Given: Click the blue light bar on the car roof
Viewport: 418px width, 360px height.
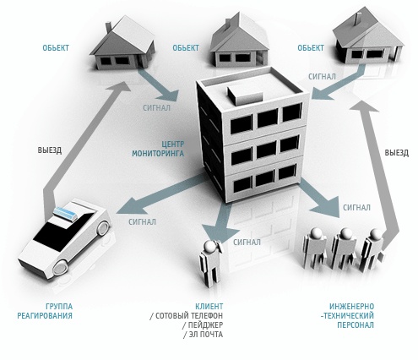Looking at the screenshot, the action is click(x=65, y=214).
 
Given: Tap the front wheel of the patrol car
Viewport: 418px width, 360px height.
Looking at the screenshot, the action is click(x=60, y=266).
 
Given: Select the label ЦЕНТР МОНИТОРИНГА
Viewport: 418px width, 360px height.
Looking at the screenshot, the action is click(x=158, y=149).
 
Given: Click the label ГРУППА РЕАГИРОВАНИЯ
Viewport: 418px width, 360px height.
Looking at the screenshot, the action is click(x=45, y=311).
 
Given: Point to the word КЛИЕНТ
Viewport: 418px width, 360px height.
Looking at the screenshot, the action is click(x=209, y=306).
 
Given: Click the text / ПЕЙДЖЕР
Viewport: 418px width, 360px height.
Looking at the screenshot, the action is click(x=203, y=325).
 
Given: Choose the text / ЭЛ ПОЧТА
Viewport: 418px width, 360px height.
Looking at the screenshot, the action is click(x=204, y=335).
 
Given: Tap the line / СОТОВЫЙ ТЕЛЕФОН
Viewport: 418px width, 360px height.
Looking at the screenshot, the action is click(x=187, y=315).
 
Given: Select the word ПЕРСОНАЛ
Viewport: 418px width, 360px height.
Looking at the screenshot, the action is click(x=356, y=325).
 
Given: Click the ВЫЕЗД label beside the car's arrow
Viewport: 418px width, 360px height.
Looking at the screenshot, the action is click(x=50, y=150).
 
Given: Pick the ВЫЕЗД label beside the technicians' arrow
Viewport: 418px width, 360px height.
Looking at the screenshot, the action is click(x=397, y=153).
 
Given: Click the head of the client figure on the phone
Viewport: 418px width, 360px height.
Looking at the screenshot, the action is click(x=209, y=247).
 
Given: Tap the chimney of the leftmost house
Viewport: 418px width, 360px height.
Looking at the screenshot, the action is click(x=108, y=27).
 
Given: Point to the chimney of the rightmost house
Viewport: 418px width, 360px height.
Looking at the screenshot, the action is click(x=358, y=19).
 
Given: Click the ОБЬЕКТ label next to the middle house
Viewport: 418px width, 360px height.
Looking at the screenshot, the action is click(x=186, y=48).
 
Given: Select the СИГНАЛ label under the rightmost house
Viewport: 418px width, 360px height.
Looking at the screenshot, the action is click(x=322, y=76).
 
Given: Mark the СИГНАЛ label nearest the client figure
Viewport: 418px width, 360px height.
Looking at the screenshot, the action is click(x=247, y=242).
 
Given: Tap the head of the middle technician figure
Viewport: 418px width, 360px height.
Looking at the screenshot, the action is click(x=346, y=233).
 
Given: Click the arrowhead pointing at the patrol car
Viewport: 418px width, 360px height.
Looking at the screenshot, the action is click(x=130, y=205).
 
